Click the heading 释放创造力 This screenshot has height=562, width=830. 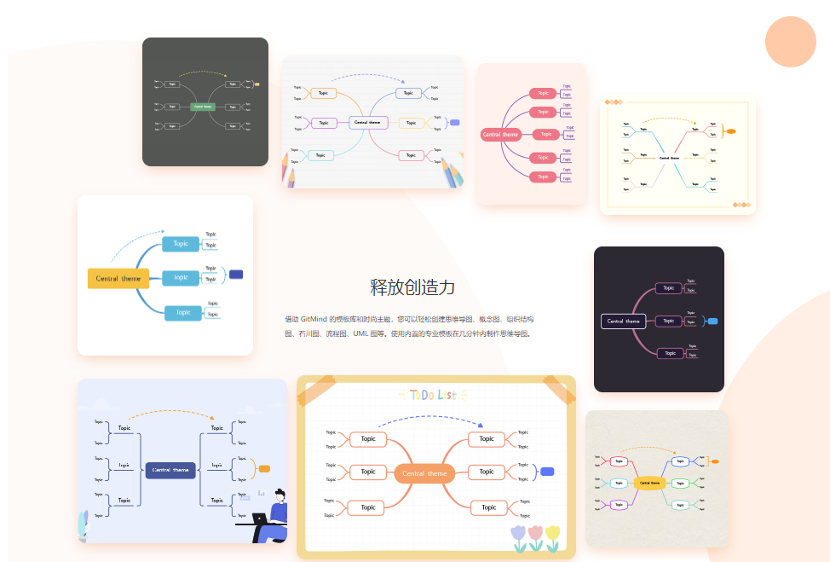[x=412, y=287]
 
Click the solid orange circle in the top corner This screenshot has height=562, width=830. [x=790, y=41]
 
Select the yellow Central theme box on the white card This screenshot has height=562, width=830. [x=118, y=278]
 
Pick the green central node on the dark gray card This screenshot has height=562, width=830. [x=204, y=107]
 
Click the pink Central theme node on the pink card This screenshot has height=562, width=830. [x=500, y=134]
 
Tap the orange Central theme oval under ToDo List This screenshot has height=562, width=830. [x=424, y=473]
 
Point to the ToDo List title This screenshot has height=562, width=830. [x=433, y=395]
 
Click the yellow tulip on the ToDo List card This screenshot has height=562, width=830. [x=552, y=535]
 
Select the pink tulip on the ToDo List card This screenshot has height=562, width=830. [x=535, y=535]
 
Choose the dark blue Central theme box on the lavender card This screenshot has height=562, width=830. [x=170, y=469]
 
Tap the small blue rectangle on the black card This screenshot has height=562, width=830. [x=712, y=321]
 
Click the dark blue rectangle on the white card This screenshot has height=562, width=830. [x=236, y=274]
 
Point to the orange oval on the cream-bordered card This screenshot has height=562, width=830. [x=729, y=131]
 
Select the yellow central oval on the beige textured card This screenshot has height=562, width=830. [x=649, y=483]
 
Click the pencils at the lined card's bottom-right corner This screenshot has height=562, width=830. [x=452, y=173]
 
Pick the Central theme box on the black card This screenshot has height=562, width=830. [x=624, y=322]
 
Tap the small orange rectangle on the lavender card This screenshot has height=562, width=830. [x=264, y=468]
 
